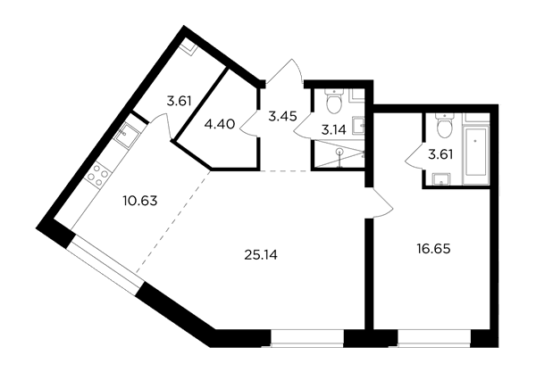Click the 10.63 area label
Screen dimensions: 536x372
coord(140,201)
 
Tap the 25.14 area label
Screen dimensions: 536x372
coord(261,254)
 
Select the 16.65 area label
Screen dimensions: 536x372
coord(433,249)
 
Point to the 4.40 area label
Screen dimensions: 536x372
coord(220,125)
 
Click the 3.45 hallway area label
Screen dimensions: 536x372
coord(282,117)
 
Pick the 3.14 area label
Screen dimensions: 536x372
coord(333,129)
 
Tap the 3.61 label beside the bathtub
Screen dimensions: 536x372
coord(440,154)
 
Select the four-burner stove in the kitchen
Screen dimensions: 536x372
coord(98,176)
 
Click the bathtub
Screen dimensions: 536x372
coord(476,157)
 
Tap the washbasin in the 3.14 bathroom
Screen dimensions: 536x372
coord(358,126)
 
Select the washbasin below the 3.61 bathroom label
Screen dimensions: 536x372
coord(441,179)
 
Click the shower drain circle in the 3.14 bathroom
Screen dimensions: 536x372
coord(339,151)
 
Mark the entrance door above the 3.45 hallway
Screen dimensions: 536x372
coord(284,71)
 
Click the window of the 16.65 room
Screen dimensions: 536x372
coord(434,338)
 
